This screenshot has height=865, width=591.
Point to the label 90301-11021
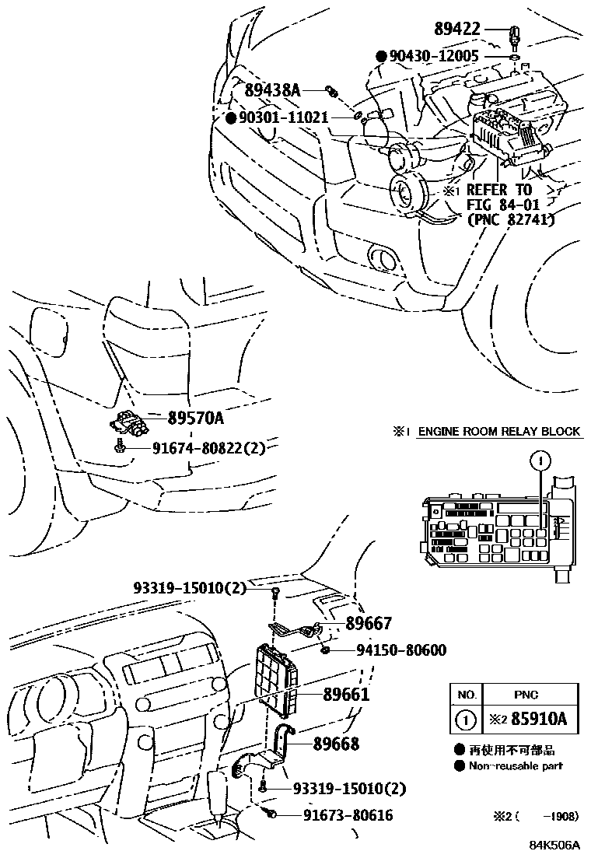coord(282,117)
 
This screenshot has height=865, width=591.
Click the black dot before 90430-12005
coord(381,57)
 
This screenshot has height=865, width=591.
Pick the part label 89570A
coord(195,418)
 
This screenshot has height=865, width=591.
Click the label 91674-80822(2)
coord(208,447)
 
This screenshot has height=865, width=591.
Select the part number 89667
coord(369,623)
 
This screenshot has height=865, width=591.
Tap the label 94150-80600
coord(391,650)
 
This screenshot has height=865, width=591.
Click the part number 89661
coord(346,695)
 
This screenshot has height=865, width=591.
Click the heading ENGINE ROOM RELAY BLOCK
coord(499,432)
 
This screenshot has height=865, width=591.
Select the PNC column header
coord(526,695)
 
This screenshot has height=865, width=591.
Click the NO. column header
coord(466,695)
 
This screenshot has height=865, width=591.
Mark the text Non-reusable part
coord(515,765)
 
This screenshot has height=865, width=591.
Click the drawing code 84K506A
coord(555,846)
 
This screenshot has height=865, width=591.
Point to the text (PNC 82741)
coord(511,219)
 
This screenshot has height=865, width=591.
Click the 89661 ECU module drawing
coord(276,676)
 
